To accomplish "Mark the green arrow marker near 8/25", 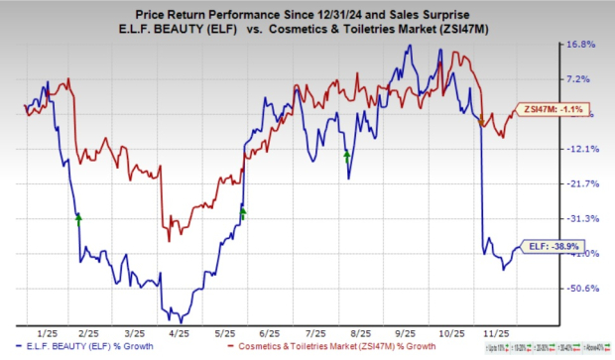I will (346, 155).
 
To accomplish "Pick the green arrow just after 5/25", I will (243, 210).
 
